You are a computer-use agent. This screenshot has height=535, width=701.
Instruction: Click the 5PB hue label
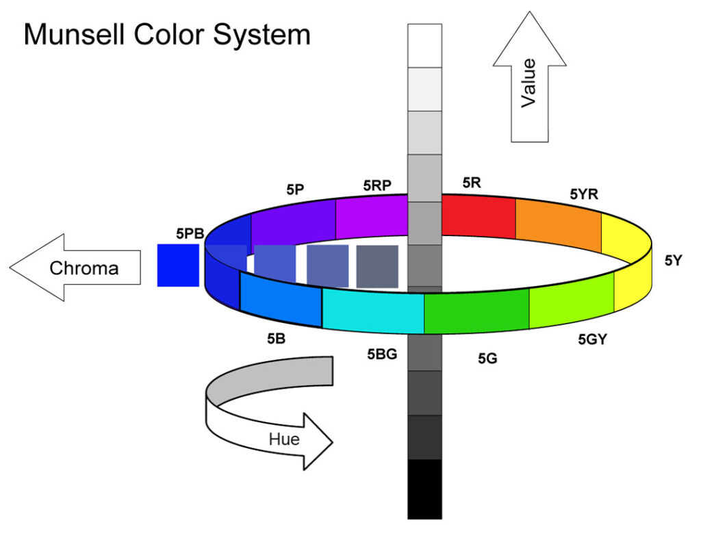tap(190, 234)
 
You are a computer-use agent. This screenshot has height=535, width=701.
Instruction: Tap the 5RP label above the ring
tap(377, 185)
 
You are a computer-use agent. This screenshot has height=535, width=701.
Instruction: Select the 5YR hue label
tap(584, 194)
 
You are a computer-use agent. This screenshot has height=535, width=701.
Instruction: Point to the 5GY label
tap(592, 339)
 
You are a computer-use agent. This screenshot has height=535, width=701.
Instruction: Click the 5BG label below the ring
tap(382, 354)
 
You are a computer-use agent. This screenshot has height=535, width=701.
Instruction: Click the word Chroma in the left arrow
tap(84, 268)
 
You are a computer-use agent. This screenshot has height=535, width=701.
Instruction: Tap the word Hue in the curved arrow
tap(284, 439)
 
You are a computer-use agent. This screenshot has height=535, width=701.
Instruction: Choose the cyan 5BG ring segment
tap(373, 311)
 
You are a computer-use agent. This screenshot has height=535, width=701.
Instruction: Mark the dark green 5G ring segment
tap(476, 311)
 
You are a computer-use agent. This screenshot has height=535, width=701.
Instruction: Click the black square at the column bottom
tap(424, 489)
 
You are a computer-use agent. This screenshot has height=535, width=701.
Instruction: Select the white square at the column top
tap(424, 45)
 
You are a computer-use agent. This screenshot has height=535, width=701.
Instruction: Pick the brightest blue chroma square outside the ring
tap(177, 265)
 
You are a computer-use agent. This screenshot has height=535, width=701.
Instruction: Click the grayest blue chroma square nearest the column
tap(377, 266)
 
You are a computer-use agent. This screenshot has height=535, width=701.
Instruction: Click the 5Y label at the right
tap(673, 260)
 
